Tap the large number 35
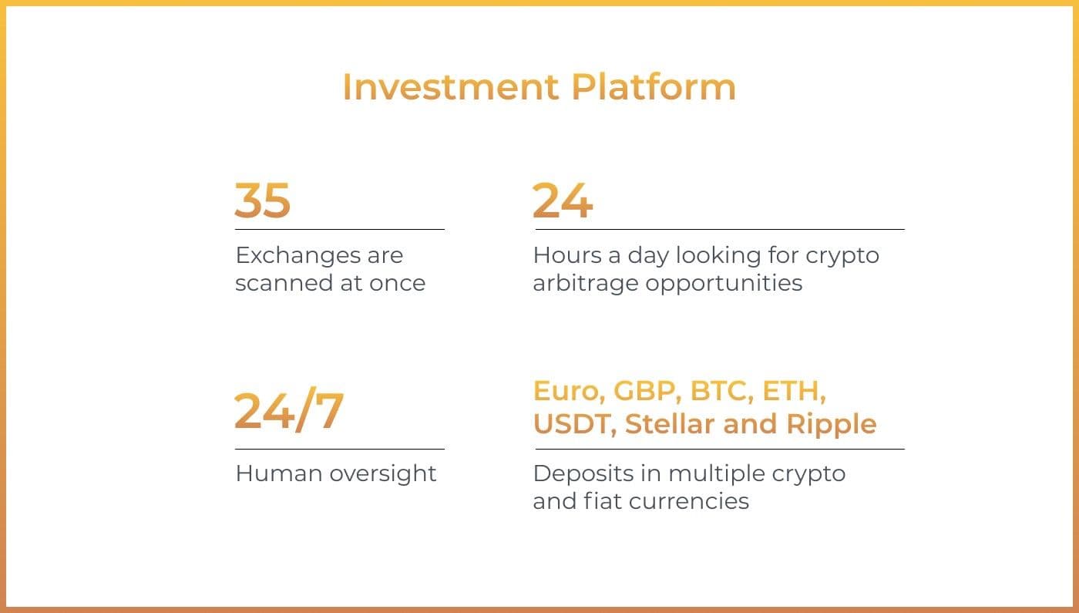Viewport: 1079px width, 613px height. [263, 200]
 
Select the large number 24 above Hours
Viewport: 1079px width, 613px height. [563, 200]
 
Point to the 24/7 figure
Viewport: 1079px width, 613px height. [289, 410]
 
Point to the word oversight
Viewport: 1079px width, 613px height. [383, 475]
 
